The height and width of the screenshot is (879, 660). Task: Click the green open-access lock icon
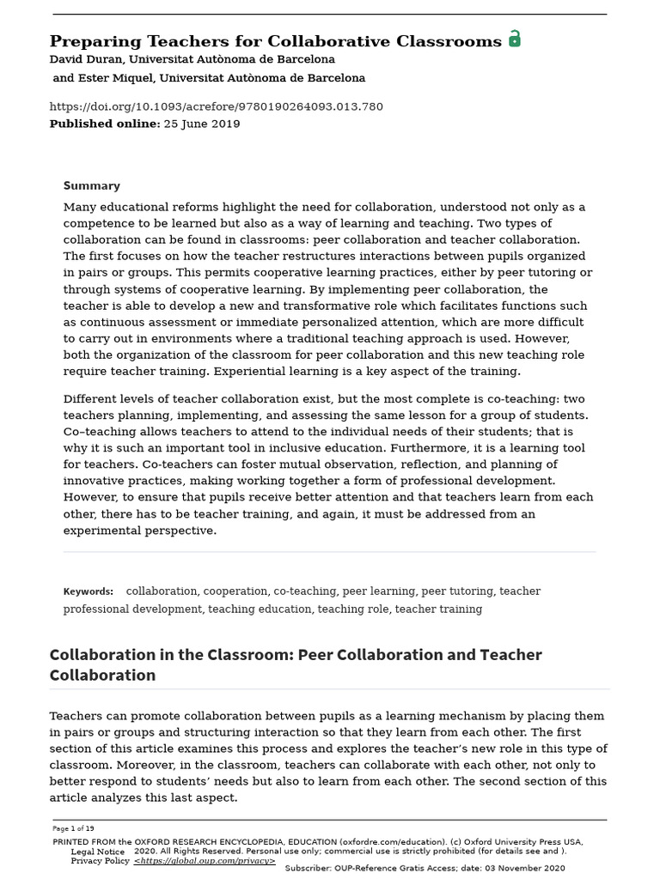click(x=515, y=39)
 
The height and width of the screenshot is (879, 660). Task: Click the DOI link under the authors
click(x=217, y=106)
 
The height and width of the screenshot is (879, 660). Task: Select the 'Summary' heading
click(x=92, y=185)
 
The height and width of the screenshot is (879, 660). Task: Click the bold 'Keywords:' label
click(x=89, y=591)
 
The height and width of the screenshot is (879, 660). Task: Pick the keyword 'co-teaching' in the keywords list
click(x=305, y=591)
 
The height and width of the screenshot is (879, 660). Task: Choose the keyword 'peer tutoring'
click(x=457, y=591)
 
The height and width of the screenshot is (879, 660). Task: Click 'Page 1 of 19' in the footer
click(x=74, y=828)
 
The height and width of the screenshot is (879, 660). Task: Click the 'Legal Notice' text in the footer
click(x=98, y=852)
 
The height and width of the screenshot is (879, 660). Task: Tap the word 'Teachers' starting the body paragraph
click(x=77, y=716)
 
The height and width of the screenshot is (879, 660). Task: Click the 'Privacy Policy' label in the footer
click(x=101, y=860)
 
